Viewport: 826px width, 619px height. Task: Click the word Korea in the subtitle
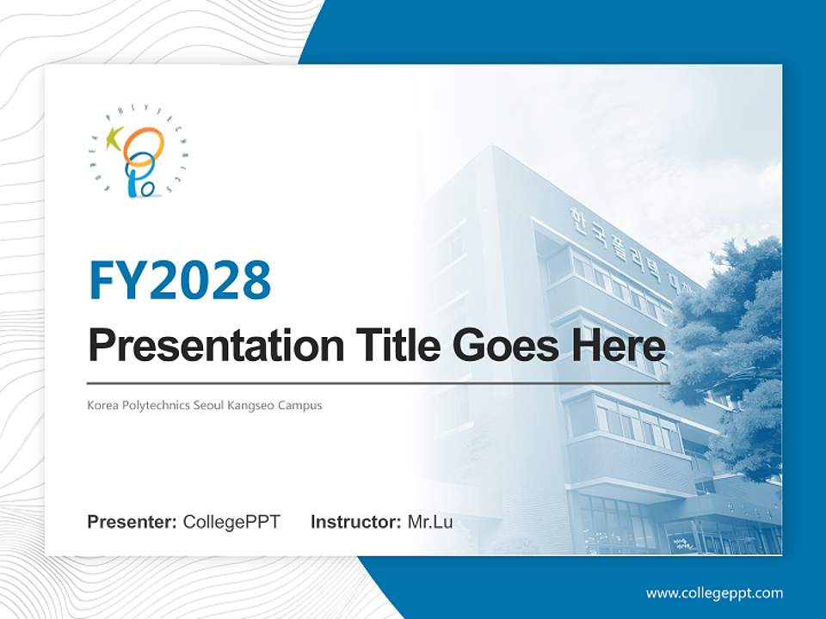click(102, 405)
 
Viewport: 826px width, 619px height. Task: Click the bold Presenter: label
click(133, 522)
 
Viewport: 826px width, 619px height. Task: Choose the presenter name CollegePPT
click(231, 522)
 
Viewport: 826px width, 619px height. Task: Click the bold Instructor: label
click(355, 522)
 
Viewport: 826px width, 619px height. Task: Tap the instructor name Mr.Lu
click(430, 522)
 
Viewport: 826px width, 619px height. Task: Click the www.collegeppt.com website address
click(714, 592)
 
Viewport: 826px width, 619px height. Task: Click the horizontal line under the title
click(379, 383)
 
